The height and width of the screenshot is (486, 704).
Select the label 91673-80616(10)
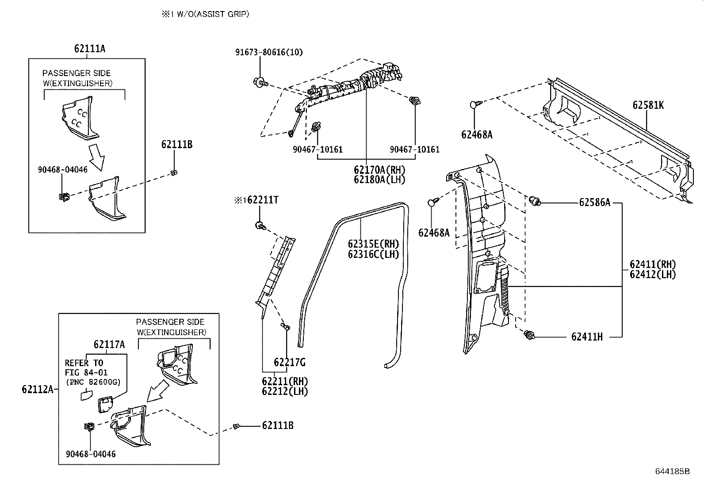(x=268, y=52)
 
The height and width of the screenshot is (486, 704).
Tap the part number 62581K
(x=648, y=105)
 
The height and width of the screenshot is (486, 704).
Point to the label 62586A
(x=594, y=203)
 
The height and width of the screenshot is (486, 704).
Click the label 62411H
(x=586, y=337)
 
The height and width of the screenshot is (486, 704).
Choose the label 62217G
(x=290, y=363)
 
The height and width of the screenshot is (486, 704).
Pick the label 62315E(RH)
(x=373, y=244)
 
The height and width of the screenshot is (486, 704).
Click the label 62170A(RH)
(x=379, y=170)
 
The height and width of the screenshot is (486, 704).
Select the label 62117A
(x=109, y=344)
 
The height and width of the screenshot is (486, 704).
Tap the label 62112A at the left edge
(x=37, y=389)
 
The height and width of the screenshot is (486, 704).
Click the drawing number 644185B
(x=672, y=471)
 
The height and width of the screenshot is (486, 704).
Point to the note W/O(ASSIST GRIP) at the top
(x=205, y=14)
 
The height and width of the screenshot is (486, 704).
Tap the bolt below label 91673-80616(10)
(x=260, y=82)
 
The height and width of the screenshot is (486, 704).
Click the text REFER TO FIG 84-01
(x=86, y=367)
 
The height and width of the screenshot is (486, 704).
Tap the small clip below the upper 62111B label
(x=174, y=172)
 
